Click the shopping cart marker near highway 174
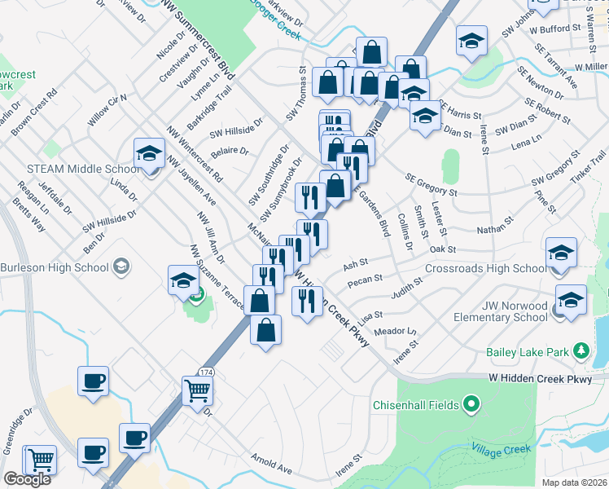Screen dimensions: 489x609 point(198,391)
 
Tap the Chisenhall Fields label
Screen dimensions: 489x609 point(418,404)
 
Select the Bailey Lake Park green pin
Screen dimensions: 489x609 point(581,351)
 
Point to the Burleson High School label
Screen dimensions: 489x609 point(54,267)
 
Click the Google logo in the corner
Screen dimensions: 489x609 point(27,479)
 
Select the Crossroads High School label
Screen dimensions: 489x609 point(486,268)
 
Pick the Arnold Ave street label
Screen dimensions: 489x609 point(271,465)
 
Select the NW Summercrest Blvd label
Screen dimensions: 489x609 point(199,39)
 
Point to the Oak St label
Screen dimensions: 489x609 point(442,249)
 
